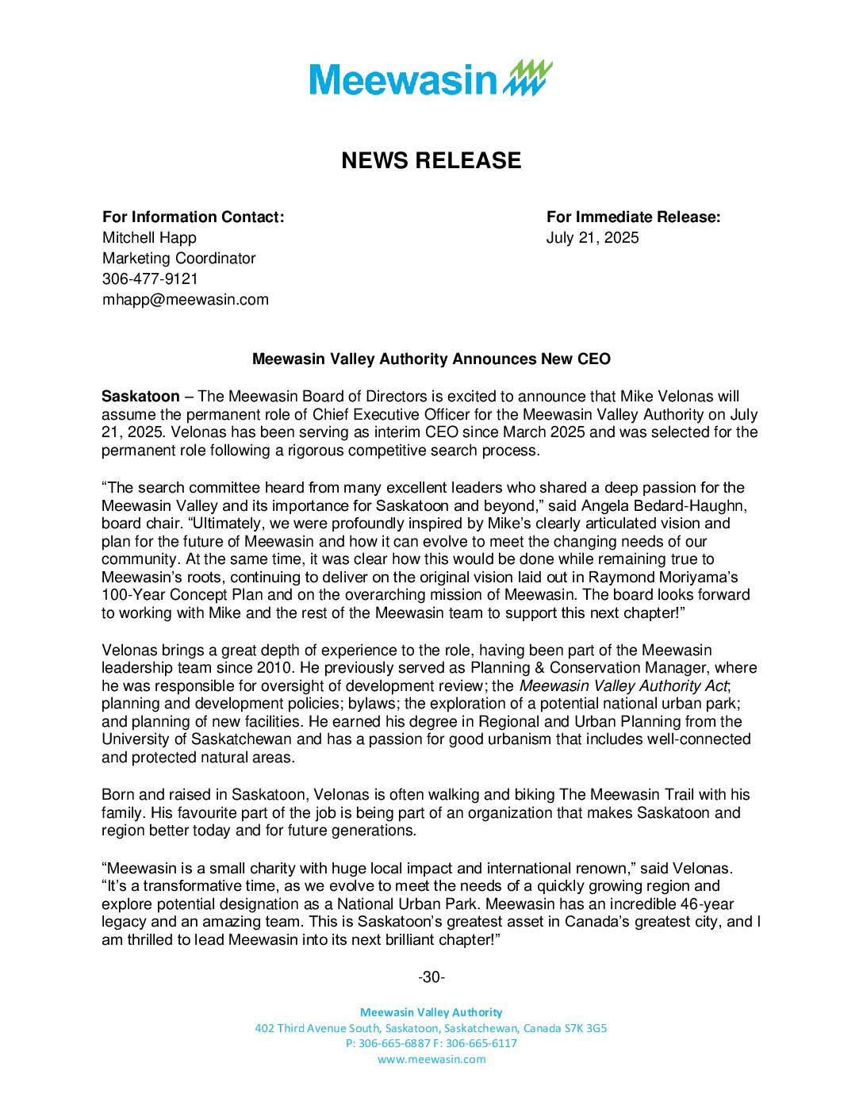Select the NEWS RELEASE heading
[x=431, y=160]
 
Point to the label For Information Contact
[x=193, y=217]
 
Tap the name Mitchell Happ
[x=149, y=237]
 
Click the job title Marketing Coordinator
[x=178, y=258]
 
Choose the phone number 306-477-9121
[x=150, y=278]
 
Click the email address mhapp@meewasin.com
[x=185, y=299]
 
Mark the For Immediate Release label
[x=633, y=217]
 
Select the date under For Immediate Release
[x=592, y=237]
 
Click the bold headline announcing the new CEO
[x=431, y=359]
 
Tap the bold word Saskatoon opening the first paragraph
[x=140, y=396]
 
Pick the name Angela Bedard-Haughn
[x=664, y=505]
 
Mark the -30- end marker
[x=431, y=977]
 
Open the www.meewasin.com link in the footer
[x=431, y=1059]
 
